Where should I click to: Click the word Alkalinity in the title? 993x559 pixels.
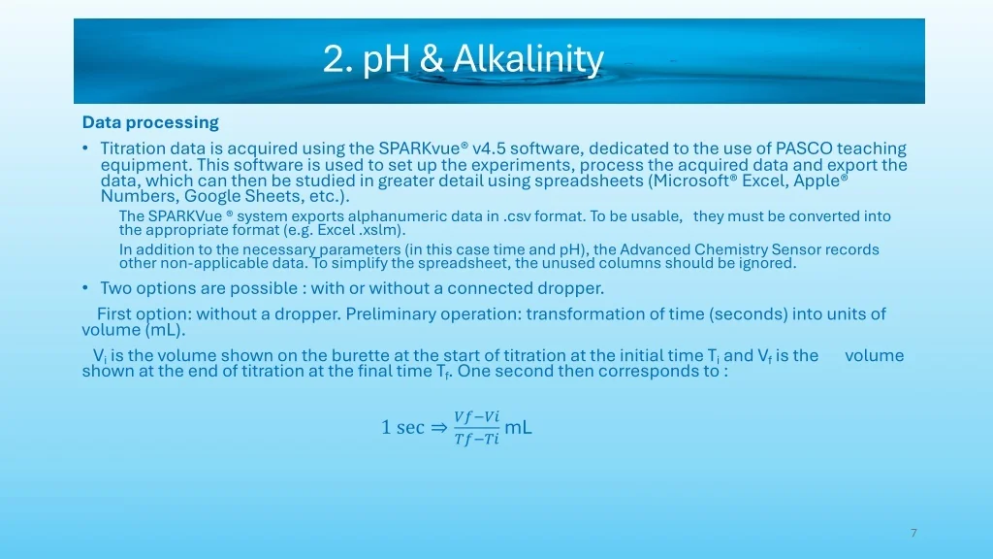(529, 59)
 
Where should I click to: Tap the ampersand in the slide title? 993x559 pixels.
(432, 59)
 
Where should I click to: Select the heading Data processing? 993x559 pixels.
(150, 122)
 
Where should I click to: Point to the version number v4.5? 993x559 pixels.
(489, 148)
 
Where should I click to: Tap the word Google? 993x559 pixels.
(211, 196)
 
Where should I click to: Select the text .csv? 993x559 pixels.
(518, 216)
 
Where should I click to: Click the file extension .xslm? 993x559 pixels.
(380, 229)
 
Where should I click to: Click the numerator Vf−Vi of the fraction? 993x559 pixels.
(476, 416)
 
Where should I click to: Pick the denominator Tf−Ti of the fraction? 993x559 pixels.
(476, 439)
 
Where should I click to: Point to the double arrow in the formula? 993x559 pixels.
(439, 428)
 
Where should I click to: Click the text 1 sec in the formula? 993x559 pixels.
(402, 427)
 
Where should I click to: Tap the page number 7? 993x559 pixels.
(913, 533)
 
